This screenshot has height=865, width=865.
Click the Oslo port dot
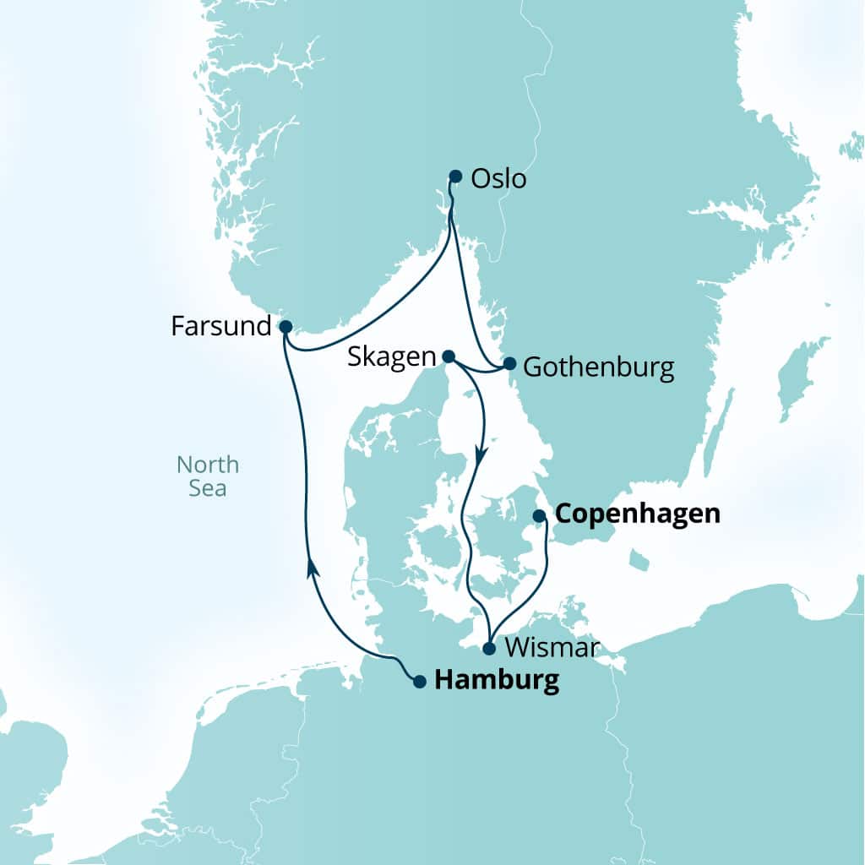(455, 177)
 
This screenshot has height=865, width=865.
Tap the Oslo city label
(498, 179)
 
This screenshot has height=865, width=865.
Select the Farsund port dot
(286, 326)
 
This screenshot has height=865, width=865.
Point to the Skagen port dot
(449, 356)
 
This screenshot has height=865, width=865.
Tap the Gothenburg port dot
(509, 364)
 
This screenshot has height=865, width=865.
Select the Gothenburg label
(598, 367)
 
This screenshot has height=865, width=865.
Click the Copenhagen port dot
(539, 515)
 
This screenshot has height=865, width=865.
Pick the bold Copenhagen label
(638, 514)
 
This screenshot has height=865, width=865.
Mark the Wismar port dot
(488, 650)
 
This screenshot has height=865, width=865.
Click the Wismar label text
(552, 648)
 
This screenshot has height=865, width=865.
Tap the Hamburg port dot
(419, 682)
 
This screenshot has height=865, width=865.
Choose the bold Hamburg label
(496, 681)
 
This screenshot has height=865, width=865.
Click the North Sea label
(208, 476)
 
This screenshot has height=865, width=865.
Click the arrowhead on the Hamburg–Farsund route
(313, 566)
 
